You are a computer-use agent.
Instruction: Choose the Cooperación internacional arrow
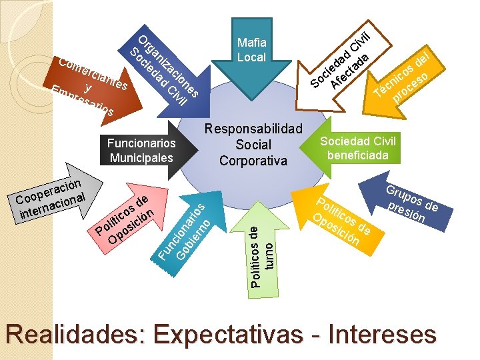coord(50,197)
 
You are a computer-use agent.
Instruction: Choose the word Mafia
coord(251,43)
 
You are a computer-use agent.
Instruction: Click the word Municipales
coord(141,158)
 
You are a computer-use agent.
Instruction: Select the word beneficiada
coord(358,154)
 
